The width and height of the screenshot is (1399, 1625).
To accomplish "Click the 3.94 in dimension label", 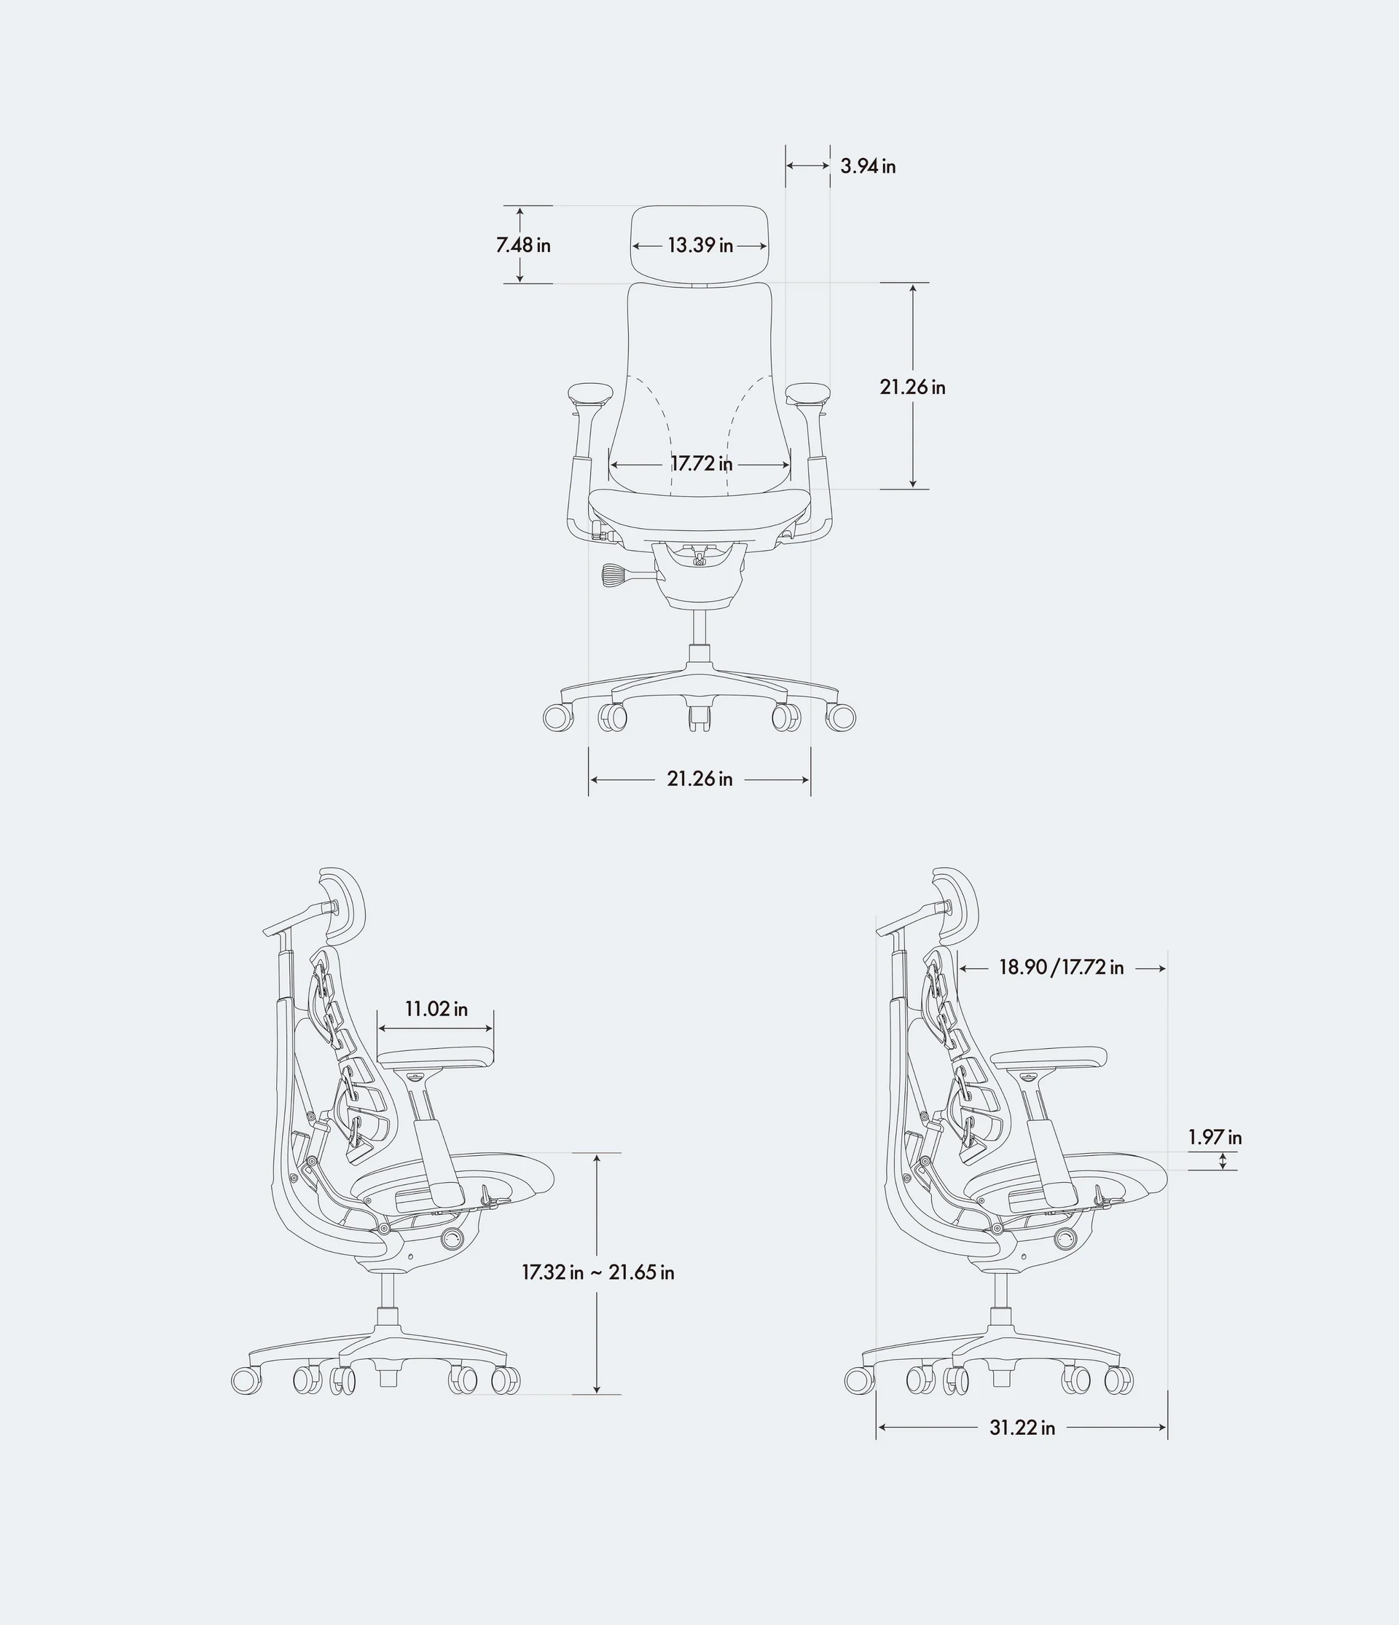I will point(867,166).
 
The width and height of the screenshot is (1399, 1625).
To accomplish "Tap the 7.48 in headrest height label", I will point(523,245).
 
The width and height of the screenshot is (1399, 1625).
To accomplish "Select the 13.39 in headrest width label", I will point(700,245).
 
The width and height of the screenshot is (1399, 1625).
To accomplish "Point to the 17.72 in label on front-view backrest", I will point(701,463).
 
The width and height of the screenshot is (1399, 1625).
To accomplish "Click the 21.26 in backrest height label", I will point(912,387).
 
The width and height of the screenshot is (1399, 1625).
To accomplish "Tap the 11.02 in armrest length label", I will point(436,1009).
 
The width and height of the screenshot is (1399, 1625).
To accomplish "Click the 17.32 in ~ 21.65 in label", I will point(598,1272).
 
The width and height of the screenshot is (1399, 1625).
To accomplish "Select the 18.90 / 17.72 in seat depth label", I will point(1061,968).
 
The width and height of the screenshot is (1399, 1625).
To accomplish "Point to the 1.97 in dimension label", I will point(1215,1137).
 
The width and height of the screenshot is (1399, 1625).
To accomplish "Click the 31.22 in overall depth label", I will point(1022,1428).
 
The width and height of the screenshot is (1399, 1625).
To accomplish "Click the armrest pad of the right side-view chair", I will point(1049,1055).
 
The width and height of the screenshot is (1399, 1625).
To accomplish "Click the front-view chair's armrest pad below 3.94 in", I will point(808,392).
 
